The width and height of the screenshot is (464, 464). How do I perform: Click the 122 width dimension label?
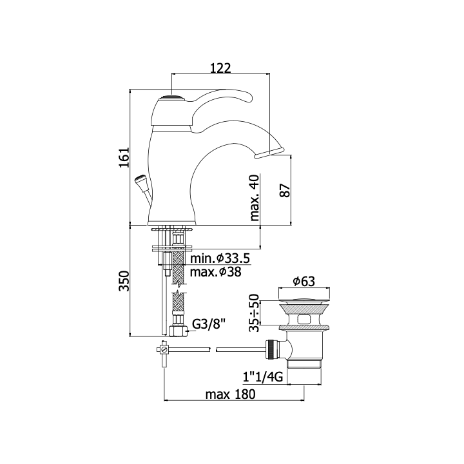click(220, 68)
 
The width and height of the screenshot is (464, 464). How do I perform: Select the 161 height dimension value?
click(124, 157)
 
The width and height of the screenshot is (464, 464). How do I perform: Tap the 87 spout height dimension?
click(285, 190)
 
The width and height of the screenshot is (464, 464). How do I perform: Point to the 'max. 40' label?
click(255, 198)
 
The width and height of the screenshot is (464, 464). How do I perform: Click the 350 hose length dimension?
click(124, 281)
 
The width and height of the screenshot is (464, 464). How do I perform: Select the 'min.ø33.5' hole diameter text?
click(220, 258)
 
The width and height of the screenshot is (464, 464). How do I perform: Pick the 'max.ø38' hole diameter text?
click(216, 272)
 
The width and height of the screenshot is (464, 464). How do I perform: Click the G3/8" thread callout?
click(209, 324)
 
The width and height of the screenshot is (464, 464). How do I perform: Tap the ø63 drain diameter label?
click(304, 281)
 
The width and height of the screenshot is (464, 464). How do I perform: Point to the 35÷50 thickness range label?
click(254, 313)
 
